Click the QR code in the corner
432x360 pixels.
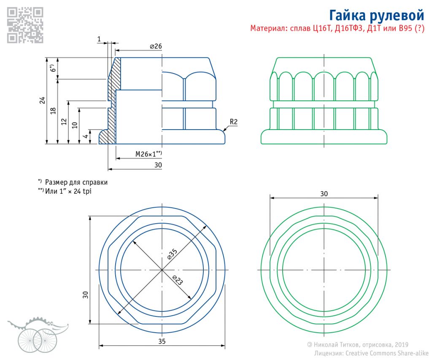pos(25,25)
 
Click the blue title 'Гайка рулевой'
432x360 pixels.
pos(376,16)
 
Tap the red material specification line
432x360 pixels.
pos(337,29)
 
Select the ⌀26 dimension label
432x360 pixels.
pos(156,46)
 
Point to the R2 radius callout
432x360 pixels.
pos(234,122)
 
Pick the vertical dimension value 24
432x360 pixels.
pos(42,100)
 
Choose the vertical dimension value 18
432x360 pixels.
pos(53,111)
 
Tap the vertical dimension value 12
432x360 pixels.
pos(64,122)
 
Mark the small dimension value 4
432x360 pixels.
pos(85,136)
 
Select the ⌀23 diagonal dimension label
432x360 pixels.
pos(178,280)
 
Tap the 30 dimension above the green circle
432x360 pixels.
pos(324,194)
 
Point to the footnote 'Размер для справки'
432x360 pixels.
pos(76,182)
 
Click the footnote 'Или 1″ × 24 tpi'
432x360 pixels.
pos(68,191)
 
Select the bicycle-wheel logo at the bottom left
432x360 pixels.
pos(36,336)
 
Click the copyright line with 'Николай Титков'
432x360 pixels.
pos(358,345)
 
